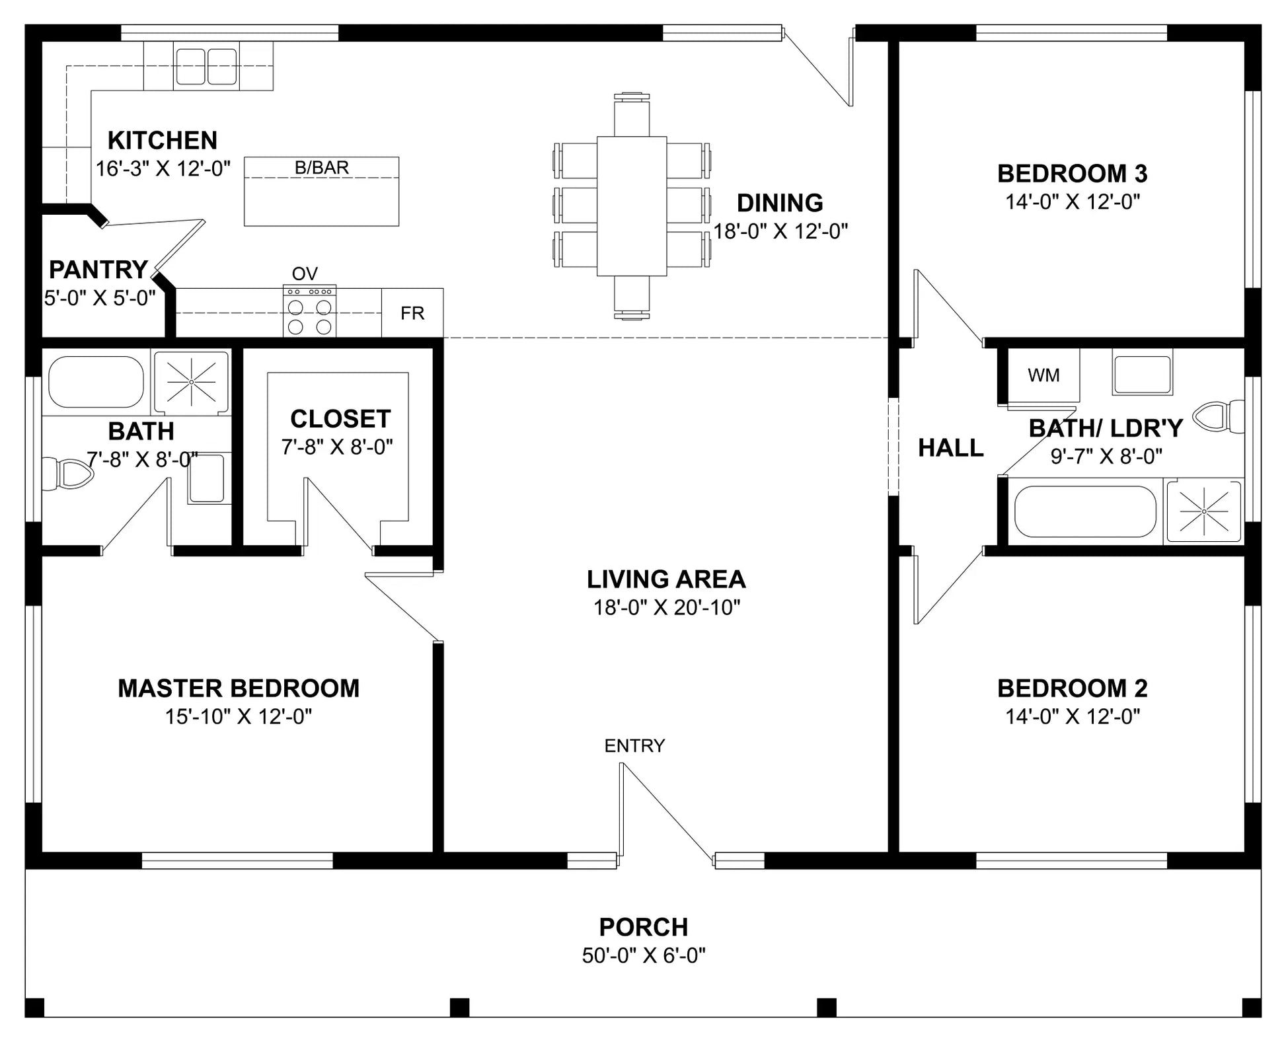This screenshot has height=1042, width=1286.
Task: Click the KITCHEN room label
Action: (x=163, y=141)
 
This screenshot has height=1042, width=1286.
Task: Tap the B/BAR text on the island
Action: (x=322, y=168)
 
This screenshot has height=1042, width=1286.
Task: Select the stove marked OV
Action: (x=309, y=311)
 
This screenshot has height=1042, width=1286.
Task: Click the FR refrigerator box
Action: (x=412, y=313)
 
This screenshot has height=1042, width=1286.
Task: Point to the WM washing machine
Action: (x=1043, y=375)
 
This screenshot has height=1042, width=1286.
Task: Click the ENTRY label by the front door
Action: (x=634, y=746)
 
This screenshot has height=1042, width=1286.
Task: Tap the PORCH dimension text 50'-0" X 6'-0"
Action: (x=644, y=955)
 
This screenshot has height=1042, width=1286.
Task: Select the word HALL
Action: (x=951, y=448)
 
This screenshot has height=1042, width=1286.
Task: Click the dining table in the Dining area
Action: (x=632, y=205)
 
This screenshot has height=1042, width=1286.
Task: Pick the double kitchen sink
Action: (x=206, y=66)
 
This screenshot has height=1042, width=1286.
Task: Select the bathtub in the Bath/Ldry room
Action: (x=1085, y=511)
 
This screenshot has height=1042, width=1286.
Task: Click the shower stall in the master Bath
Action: (x=191, y=382)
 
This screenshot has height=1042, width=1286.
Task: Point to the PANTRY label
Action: (x=98, y=270)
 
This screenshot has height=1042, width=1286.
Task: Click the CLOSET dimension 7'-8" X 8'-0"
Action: (x=337, y=447)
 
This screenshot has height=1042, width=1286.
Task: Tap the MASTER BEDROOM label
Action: (x=239, y=688)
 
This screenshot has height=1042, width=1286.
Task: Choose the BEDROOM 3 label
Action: (x=1072, y=174)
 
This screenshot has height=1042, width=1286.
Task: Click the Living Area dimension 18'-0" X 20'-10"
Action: (x=667, y=607)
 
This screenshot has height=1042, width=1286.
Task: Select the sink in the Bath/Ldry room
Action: (x=1142, y=375)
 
